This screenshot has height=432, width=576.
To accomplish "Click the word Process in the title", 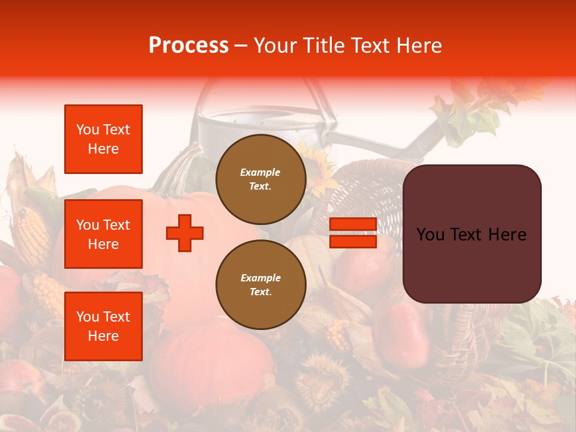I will (x=188, y=46).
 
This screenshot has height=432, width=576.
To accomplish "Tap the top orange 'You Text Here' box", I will (x=103, y=139).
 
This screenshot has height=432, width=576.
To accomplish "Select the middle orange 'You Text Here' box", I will (x=103, y=234).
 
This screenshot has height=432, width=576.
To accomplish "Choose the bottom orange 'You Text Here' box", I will (x=103, y=326).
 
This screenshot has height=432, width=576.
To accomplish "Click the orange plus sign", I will (x=185, y=233).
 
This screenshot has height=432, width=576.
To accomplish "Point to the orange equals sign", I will (x=353, y=233).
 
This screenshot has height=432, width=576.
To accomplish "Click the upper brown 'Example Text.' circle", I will (x=260, y=179).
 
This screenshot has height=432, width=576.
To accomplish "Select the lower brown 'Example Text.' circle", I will (x=260, y=284).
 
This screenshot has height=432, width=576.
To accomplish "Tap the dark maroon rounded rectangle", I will (x=472, y=234).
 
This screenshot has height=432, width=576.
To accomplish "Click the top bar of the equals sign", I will (x=353, y=224).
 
